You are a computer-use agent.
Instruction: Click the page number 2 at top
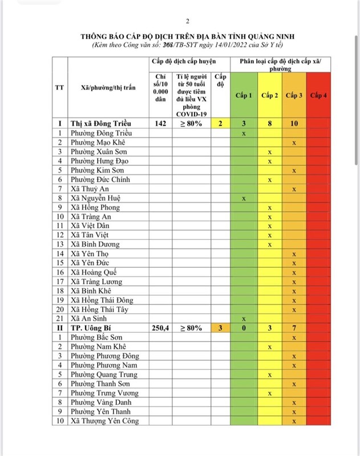click(x=180, y=19)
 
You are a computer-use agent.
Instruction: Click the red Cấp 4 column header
click(x=318, y=95)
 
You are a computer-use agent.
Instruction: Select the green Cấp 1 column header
click(x=244, y=95)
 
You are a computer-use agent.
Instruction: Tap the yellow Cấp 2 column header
click(x=270, y=95)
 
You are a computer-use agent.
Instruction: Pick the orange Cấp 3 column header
click(x=294, y=95)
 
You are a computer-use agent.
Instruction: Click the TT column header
click(x=59, y=88)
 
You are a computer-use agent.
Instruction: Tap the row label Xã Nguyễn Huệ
click(x=95, y=198)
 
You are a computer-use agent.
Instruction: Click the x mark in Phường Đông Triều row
click(x=244, y=133)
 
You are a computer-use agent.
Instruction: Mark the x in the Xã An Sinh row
click(x=244, y=319)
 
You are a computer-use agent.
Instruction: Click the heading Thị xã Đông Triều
click(x=101, y=123)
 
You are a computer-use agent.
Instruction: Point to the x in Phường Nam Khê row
click(x=270, y=347)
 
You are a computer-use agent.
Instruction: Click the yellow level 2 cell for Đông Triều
click(x=220, y=123)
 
